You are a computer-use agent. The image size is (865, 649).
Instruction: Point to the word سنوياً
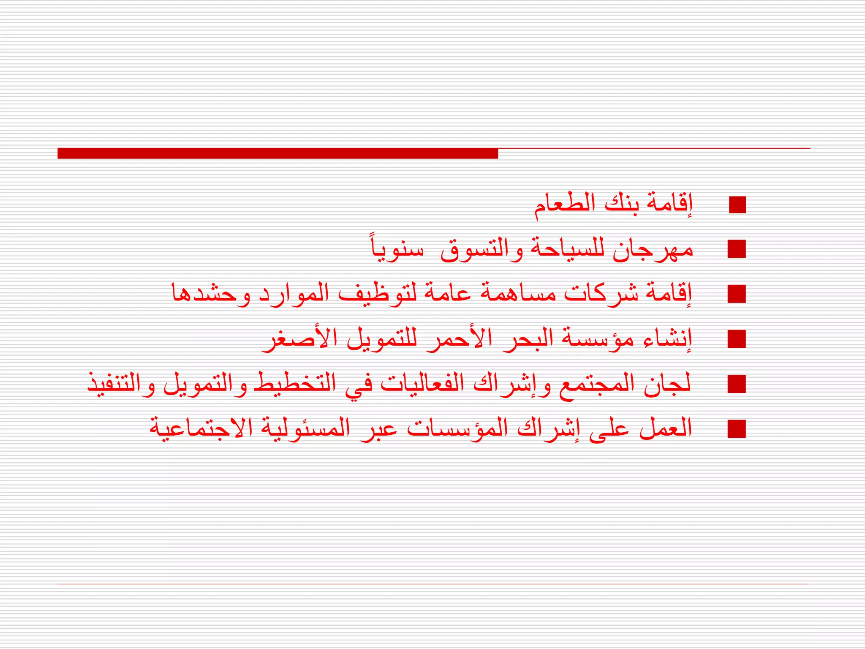click(x=397, y=249)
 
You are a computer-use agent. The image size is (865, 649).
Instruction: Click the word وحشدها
click(x=211, y=294)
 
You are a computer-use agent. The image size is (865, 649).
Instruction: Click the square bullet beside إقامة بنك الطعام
click(x=737, y=205)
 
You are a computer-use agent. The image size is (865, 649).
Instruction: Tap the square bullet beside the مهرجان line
click(x=737, y=249)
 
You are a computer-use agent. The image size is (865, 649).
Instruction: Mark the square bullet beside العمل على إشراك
click(x=737, y=429)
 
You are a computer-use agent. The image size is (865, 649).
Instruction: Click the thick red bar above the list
click(x=277, y=153)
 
